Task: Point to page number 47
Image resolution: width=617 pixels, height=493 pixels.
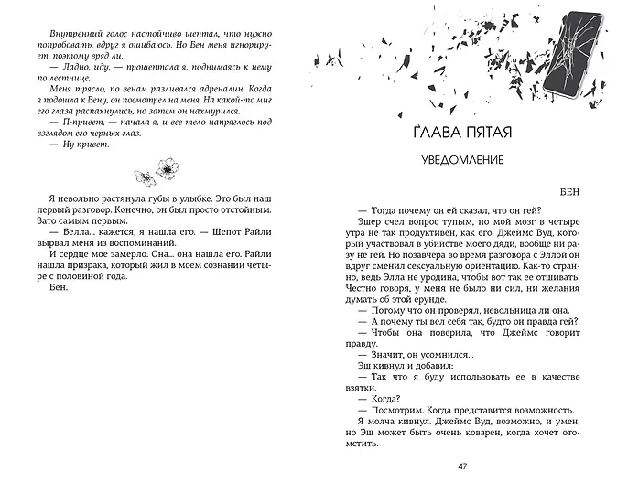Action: [x=460, y=467]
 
